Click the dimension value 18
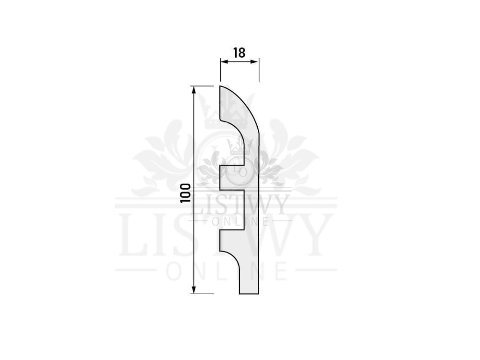point(240,53)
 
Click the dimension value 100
point(185,193)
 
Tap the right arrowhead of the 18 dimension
point(255,61)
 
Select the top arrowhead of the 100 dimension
point(193,90)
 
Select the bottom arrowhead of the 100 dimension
point(193,289)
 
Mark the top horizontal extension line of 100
point(202,86)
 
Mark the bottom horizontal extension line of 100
point(202,294)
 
